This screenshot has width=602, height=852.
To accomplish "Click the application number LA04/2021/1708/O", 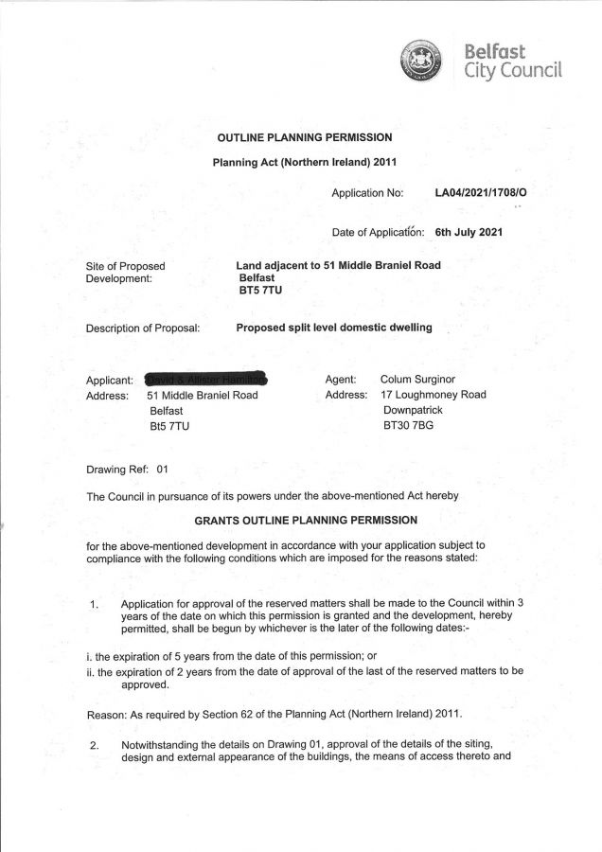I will pos(480,193).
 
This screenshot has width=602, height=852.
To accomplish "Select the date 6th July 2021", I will pos(469,231).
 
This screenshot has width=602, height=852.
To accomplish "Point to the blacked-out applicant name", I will pos(206,378).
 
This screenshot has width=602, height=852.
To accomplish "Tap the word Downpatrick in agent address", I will pos(413,411).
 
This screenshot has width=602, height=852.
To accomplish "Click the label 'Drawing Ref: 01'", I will pos(127,469).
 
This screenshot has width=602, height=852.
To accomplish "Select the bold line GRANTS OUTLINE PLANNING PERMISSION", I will pos(304,520).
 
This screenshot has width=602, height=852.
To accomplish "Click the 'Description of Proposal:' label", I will pos(143,328).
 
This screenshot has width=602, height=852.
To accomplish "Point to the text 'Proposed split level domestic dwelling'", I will pos(333,328).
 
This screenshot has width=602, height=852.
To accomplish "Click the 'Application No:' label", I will pos(367,193).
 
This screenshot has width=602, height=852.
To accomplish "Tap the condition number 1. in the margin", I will pos(95,605).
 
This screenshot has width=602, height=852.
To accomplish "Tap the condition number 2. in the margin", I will pos(95,745).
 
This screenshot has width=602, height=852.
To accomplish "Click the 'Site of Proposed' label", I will pos(125,266).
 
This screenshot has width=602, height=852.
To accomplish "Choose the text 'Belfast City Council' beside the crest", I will pos(512,59).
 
